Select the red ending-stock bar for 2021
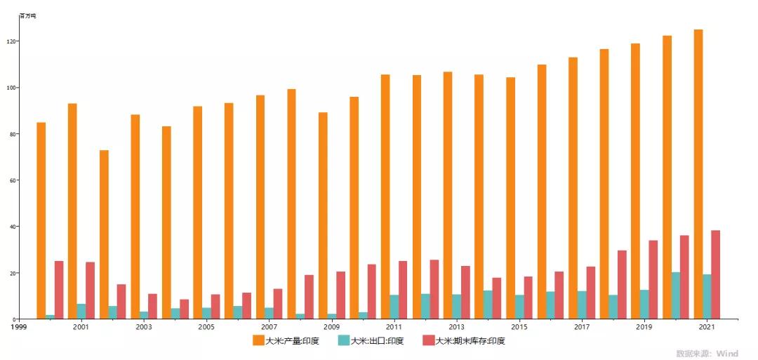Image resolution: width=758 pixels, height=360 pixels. (x=715, y=274)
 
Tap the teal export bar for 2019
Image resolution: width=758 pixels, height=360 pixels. (x=644, y=304)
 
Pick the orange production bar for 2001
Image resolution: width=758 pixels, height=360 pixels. (x=72, y=211)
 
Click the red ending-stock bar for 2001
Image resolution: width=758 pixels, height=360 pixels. (x=90, y=291)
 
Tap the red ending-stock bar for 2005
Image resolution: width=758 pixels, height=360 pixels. (x=215, y=307)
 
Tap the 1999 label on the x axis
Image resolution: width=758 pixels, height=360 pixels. (x=18, y=327)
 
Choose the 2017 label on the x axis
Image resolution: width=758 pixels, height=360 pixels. (x=582, y=327)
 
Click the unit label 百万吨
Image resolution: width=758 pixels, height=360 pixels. (x=27, y=15)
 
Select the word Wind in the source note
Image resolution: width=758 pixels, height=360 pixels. (x=728, y=354)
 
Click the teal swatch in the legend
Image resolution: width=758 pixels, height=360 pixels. (x=343, y=340)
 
